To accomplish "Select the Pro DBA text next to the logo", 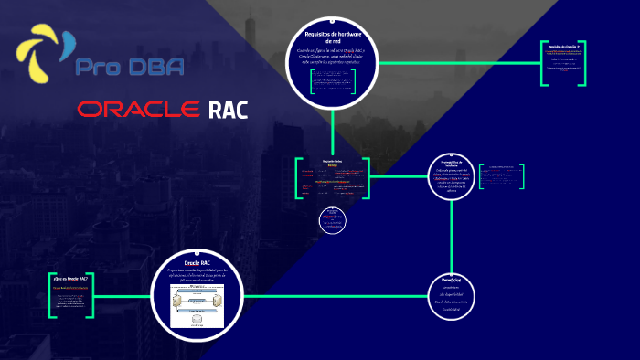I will coord(129,66).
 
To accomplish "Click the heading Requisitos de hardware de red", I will coord(333,37).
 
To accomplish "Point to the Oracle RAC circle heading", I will coord(197,263).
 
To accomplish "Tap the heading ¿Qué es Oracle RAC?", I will coord(70,278).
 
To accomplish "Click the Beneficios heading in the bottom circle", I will coord(453,279).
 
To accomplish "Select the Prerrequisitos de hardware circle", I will coord(454,175).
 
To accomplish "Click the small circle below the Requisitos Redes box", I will coord(333,219).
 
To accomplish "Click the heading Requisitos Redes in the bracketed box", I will coord(333,161).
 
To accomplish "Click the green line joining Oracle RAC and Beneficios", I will coord(329,296).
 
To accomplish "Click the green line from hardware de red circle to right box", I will coord(457,63).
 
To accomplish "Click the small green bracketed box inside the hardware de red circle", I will coord(332,87).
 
